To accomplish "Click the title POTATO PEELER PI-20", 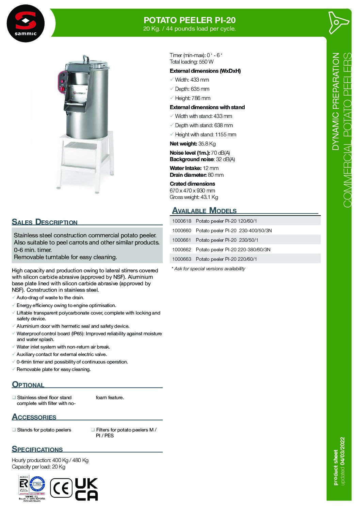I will click(x=190, y=20).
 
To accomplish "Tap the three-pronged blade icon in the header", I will click(x=337, y=22).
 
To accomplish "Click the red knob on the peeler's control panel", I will click(x=63, y=89).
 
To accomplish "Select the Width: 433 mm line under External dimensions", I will click(x=192, y=80).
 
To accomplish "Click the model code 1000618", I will click(x=182, y=221).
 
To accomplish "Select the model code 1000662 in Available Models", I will click(x=182, y=250).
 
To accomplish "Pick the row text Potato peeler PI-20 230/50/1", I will click(x=227, y=240).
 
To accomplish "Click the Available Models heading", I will click(x=204, y=210).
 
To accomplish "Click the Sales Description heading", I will click(x=45, y=222).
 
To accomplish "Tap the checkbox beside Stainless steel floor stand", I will click(x=14, y=397).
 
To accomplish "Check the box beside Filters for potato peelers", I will click(x=93, y=429).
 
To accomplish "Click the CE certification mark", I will click(x=61, y=488).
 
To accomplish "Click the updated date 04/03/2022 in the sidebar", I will click(x=342, y=451).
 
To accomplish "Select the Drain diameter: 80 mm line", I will click(x=197, y=175).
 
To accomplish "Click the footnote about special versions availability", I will click(x=208, y=269).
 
